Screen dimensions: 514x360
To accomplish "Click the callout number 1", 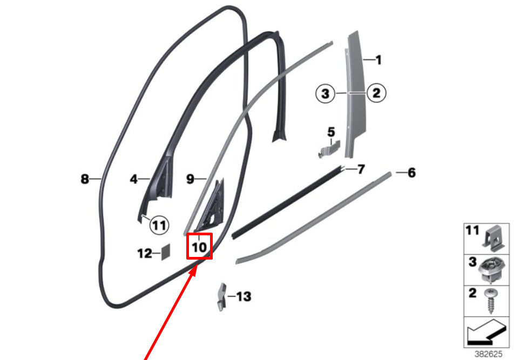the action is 378,60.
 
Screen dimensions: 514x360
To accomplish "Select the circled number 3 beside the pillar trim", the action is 325,93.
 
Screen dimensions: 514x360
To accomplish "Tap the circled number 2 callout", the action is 376,93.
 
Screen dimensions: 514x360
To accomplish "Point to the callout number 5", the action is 331,132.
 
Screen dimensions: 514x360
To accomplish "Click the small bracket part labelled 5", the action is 330,148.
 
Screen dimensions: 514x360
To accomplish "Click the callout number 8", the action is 85,179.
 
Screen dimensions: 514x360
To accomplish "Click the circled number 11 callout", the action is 159,226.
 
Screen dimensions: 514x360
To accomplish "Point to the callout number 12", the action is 145,254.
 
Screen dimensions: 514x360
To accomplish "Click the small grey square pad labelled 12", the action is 166,252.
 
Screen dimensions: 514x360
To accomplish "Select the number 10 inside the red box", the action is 199,247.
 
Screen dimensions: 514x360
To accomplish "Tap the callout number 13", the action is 244,297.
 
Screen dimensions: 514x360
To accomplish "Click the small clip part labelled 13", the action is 222,297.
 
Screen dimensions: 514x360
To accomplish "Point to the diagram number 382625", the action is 489,354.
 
